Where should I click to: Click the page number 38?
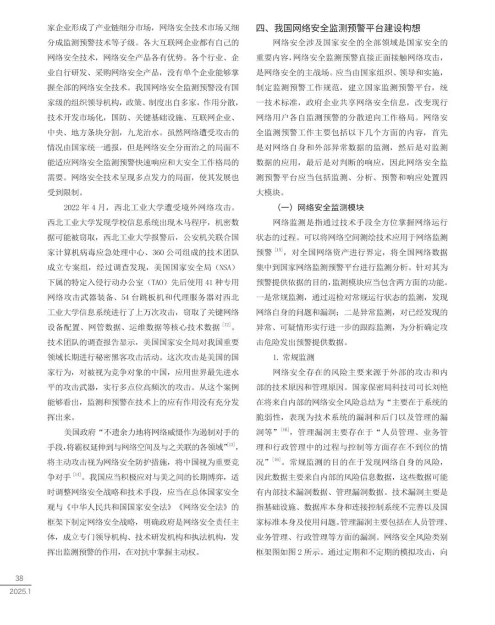click(19, 578)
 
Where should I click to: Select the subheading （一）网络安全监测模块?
click(321, 207)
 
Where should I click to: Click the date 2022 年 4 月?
click(85, 207)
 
